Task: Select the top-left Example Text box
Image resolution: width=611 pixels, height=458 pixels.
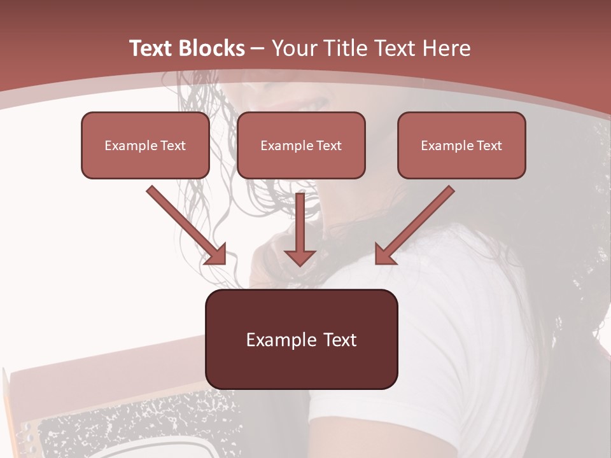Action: point(145,145)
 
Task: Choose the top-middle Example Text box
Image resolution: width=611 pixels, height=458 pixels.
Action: point(301,145)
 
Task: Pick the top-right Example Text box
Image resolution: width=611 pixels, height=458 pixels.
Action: point(461,145)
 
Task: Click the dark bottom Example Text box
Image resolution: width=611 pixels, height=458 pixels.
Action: point(301,339)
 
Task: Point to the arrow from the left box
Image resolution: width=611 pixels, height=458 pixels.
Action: point(185,224)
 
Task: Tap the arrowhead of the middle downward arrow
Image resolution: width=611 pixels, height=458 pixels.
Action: point(300,257)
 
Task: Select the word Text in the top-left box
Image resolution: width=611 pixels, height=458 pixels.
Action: point(172,145)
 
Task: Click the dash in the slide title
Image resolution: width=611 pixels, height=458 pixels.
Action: point(258,48)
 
